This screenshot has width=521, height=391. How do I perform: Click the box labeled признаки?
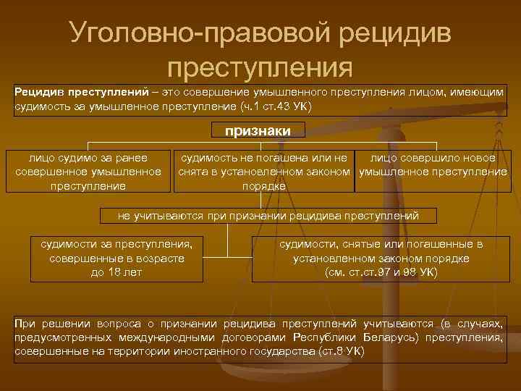[258, 130]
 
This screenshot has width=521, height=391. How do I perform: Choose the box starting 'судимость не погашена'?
[264, 172]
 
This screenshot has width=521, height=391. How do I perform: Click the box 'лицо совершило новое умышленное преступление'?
[433, 165]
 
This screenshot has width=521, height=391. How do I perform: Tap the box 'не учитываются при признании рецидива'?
[268, 215]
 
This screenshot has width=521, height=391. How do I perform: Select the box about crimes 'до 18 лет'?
[117, 258]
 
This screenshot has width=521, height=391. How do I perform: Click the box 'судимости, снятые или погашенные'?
[381, 258]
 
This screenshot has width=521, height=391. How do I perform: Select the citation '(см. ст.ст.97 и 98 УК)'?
[381, 272]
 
